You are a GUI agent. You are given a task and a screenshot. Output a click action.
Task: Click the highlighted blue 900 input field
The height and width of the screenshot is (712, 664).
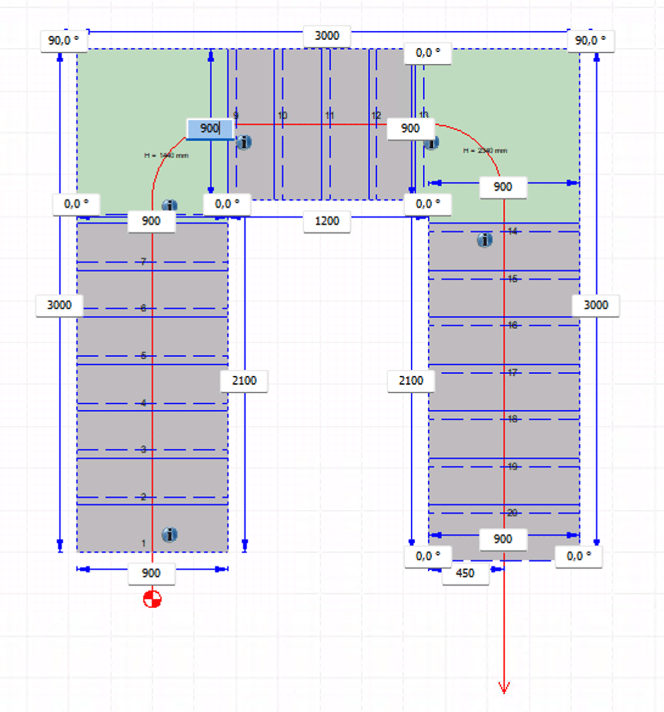coord(210,128)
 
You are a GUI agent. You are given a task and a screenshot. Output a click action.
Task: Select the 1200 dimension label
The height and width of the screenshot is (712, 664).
coord(327,221)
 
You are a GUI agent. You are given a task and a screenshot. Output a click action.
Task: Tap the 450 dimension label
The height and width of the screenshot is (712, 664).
coord(465,573)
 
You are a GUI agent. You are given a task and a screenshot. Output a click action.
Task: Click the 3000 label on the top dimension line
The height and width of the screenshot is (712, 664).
coord(327,36)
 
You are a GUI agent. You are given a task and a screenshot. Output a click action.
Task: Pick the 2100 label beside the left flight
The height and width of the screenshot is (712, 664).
coord(244,380)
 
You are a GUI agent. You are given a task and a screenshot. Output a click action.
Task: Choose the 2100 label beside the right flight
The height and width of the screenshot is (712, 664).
coord(411,380)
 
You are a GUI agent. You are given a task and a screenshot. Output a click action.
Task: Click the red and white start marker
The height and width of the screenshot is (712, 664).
coord(152,599)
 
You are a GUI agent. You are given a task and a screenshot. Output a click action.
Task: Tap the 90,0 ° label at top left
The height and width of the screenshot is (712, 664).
coord(64,41)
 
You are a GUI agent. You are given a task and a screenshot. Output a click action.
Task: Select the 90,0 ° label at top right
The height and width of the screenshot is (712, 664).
coord(590,41)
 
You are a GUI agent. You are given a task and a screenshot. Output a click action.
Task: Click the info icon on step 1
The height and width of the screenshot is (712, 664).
coord(170,535)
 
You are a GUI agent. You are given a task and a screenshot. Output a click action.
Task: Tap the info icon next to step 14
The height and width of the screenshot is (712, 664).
coord(485,240)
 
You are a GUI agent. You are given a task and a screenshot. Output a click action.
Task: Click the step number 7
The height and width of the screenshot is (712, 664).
coord(144,262)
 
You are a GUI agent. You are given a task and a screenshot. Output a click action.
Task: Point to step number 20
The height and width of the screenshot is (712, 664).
coord(512,513)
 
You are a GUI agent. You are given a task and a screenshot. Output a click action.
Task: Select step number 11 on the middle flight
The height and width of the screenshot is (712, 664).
coord(330,116)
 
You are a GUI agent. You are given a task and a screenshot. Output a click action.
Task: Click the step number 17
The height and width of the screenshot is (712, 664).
coord(512,372)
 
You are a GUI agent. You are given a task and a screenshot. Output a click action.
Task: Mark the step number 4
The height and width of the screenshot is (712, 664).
coord(144,403)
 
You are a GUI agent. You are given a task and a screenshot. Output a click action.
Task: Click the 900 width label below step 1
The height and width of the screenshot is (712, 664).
coord(151,573)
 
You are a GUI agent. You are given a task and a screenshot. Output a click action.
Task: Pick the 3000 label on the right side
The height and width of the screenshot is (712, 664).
coord(595,305)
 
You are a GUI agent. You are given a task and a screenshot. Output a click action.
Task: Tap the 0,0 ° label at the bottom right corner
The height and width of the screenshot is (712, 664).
coord(578,556)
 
